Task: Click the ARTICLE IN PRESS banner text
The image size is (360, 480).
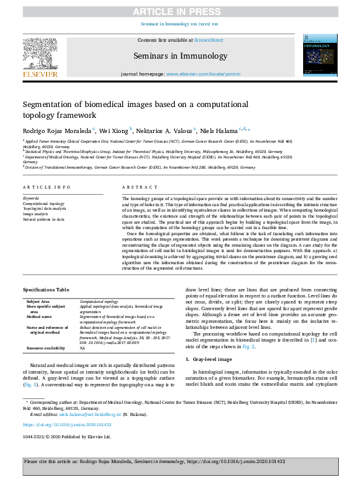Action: pos(180,11)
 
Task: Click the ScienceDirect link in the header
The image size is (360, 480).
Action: pos(209,40)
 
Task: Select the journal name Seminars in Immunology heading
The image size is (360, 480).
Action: pos(180,56)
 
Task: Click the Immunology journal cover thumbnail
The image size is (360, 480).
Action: pos(319,57)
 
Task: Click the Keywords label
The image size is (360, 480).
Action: pos(31,198)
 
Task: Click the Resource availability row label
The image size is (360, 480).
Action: pos(46,349)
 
